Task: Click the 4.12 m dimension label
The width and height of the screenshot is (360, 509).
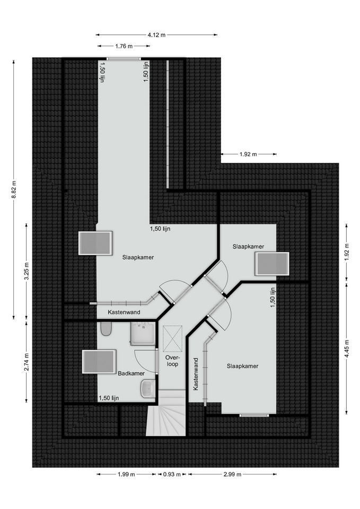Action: point(156,35)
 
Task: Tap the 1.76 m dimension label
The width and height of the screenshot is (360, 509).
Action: point(124,46)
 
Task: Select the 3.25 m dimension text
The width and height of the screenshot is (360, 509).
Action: point(27,271)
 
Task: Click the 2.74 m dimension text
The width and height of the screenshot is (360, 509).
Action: point(27,361)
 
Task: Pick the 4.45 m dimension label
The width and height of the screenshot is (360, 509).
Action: point(347,349)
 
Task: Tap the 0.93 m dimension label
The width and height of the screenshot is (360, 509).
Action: point(172,474)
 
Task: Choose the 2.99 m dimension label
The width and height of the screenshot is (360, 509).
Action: point(232,474)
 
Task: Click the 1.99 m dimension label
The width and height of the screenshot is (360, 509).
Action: point(126,474)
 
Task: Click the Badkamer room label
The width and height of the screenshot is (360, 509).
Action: point(131,373)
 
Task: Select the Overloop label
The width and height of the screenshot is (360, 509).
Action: point(172,361)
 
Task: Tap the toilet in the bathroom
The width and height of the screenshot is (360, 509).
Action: point(106,329)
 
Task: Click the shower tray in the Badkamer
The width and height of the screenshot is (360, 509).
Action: point(143,334)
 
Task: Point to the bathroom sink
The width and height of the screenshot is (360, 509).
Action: point(148,388)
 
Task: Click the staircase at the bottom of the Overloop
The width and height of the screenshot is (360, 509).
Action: point(165,413)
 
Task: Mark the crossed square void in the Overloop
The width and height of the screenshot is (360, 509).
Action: point(173,339)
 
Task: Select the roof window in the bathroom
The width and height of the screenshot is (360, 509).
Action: point(99,361)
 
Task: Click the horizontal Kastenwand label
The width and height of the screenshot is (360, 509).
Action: point(124,312)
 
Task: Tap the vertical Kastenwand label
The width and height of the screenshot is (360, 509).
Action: point(196,374)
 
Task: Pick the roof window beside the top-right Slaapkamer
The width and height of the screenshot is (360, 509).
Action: point(272,264)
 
